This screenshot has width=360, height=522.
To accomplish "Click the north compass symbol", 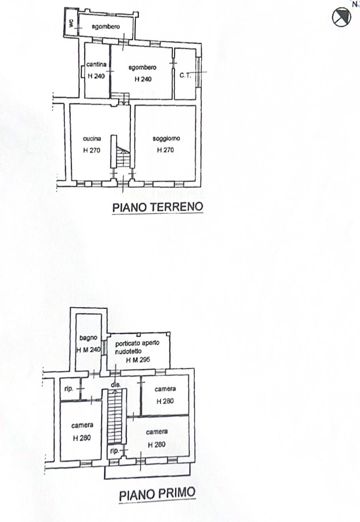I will tap(341, 17).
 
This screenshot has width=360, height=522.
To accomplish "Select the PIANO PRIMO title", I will tap(157, 494).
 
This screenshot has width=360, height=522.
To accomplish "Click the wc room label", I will tap(71, 24).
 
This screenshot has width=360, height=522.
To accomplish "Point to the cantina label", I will tap(96, 65).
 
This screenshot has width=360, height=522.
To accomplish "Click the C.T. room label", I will tap(185, 75).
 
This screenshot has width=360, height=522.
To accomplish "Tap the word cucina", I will tap(92, 139).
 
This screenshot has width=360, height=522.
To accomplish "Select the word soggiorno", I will tap(166, 139).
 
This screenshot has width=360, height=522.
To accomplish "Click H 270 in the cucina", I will tap(92, 150).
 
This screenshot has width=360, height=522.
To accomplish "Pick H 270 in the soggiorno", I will tap(166, 150).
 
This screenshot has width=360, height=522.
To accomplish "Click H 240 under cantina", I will tap(96, 76).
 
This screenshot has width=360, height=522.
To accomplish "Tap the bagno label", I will tap(88, 338).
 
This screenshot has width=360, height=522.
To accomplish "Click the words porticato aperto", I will tap(137, 343).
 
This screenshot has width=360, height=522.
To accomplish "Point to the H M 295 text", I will tap(137, 360).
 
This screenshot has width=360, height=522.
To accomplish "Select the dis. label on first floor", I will tap(115, 385).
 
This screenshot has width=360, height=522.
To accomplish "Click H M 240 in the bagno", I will tap(89, 349).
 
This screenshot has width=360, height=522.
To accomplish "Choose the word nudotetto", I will tap(129, 351).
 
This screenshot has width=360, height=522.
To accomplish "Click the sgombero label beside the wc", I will tap(106, 27).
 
